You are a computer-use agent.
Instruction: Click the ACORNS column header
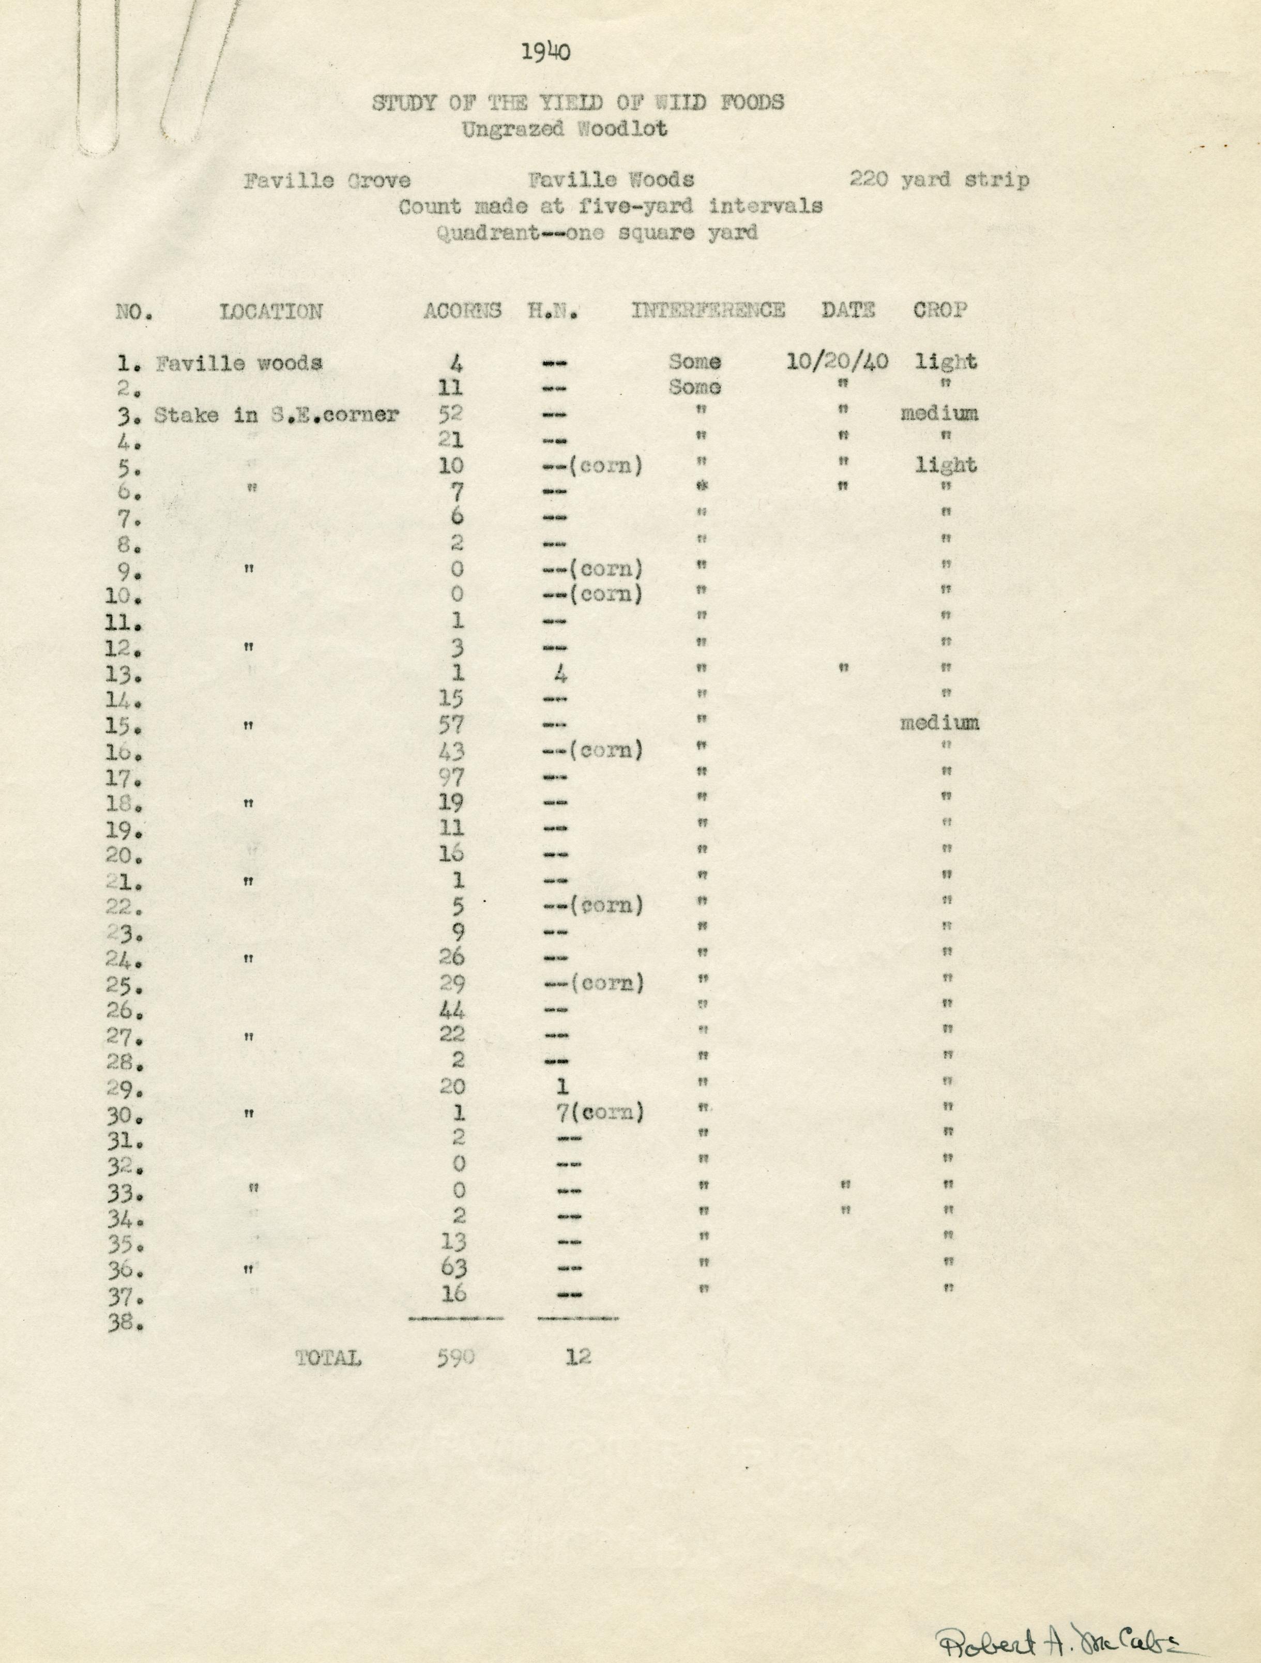462,311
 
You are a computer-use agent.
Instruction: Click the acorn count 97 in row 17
452,776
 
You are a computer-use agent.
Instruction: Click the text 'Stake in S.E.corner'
277,414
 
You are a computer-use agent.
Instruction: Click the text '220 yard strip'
939,180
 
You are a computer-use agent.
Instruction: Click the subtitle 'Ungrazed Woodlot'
564,129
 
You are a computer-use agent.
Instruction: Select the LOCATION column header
271,311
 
